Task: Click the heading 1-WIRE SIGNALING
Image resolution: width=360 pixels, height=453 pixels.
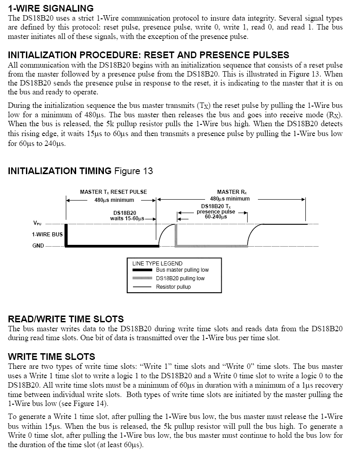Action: coord(51,8)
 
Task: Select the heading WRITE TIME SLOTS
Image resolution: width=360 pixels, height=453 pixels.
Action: coord(51,356)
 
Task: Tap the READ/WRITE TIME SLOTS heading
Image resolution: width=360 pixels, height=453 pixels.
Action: coord(66,319)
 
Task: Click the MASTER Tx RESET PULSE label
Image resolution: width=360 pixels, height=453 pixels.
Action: coord(114,192)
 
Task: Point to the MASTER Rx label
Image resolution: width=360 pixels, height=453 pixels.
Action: coord(232,192)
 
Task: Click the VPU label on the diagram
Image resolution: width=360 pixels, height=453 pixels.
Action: coord(37,223)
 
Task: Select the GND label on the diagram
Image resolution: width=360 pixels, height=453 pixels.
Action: coord(38,246)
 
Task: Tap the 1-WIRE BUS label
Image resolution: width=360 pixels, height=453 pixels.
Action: coord(47,234)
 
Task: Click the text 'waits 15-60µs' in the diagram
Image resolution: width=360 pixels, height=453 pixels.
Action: coord(127,218)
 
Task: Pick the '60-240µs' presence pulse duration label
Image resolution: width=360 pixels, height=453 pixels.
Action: coord(216,217)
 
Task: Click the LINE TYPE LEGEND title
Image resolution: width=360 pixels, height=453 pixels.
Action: coord(158,264)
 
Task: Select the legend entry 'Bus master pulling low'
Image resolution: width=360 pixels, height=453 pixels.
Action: coord(182,270)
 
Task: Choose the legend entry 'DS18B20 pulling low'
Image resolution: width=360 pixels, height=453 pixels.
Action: coord(180,278)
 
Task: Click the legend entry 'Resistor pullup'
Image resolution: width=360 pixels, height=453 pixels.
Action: coord(173,287)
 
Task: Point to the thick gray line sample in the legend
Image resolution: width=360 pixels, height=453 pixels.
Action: coord(142,278)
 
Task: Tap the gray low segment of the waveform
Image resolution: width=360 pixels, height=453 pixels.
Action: coord(211,246)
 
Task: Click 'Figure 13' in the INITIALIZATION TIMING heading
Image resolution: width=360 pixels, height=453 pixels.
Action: coord(133,171)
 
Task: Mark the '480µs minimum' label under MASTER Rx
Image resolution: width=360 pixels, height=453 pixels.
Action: coord(230,199)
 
